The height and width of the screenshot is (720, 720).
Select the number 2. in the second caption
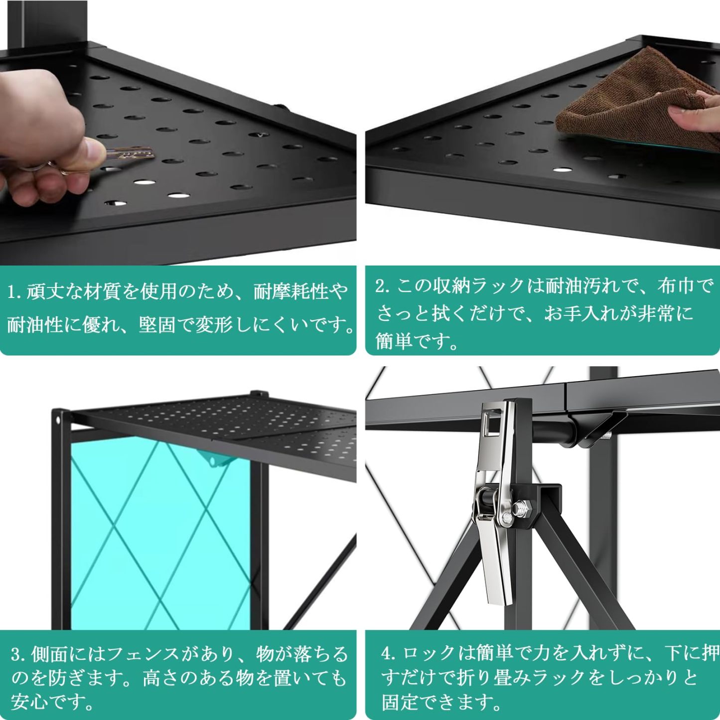point(383,286)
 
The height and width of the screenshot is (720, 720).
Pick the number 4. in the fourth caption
point(388,653)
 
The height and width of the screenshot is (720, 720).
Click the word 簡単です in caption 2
point(416,342)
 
